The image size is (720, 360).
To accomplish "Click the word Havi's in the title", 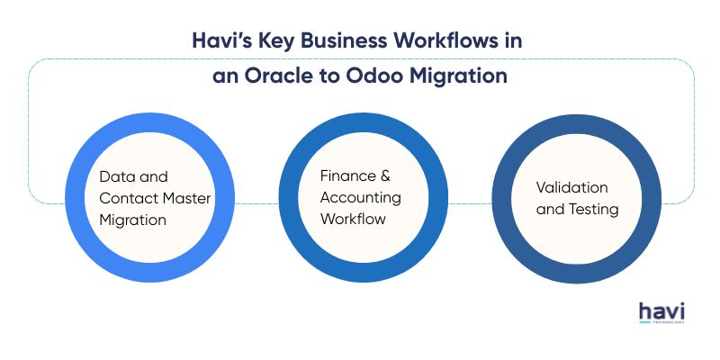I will click(x=220, y=41).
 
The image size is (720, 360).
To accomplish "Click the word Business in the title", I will click(x=350, y=41).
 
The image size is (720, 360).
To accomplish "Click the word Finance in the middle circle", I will click(x=341, y=175).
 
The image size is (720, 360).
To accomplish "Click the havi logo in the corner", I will click(x=661, y=312).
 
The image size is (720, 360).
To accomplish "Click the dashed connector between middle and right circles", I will click(x=470, y=202).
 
